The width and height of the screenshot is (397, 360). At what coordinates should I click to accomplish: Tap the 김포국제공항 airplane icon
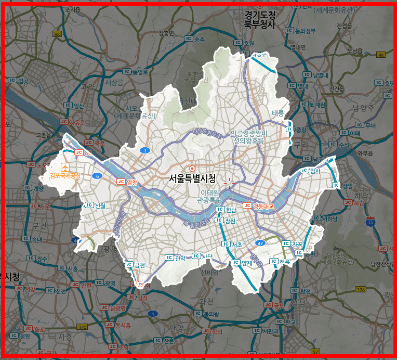pos(65,166)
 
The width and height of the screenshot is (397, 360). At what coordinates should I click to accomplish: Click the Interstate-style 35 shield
pos(370,222)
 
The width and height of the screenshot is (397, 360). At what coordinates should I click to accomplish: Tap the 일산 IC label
pos(74,106)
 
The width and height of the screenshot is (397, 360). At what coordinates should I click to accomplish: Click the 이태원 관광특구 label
pos(211,196)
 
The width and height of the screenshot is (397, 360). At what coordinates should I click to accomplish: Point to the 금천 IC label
pos(136,265)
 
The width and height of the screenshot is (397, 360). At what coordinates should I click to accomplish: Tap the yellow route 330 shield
pos(82,327)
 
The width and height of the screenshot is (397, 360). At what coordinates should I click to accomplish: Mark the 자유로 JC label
pos(73,122)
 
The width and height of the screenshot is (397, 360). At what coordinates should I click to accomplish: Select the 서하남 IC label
pos(326,219)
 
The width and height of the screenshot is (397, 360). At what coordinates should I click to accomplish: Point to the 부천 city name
pos(39,225)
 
